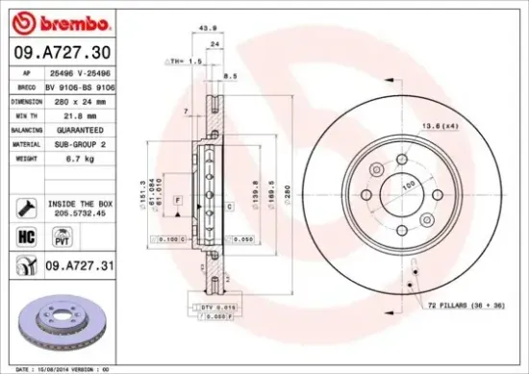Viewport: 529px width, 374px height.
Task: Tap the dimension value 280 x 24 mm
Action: (71, 100)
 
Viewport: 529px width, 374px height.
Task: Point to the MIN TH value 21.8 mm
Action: (66, 114)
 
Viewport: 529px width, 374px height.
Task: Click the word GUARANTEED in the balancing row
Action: (73, 129)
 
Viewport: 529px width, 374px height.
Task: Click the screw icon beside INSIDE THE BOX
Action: (25, 207)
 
